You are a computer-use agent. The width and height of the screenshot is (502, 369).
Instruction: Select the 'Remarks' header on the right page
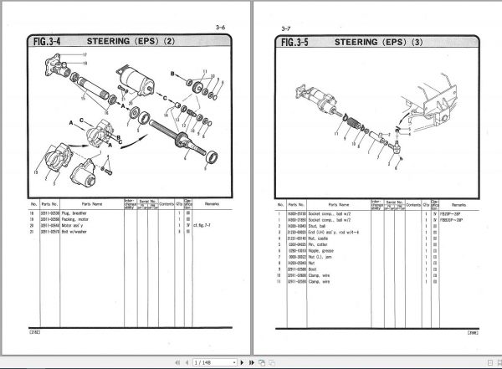(x=459, y=203)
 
